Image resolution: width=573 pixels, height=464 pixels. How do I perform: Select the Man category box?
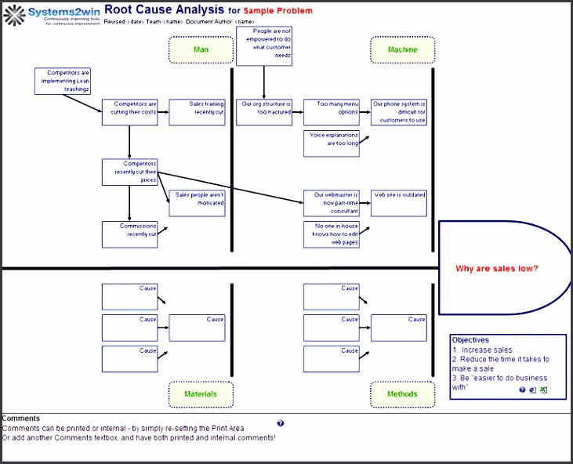coord(201,50)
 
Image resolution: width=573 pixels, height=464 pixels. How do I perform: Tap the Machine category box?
coord(402,50)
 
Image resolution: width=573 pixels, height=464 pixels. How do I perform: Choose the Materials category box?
coord(201,393)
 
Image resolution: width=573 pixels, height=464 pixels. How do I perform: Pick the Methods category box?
coord(402,393)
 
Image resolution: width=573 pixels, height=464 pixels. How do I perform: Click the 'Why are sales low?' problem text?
coord(497,268)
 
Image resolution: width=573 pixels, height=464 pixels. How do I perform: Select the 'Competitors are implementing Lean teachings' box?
coord(63,82)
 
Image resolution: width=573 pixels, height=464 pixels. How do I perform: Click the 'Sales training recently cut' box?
coord(197,112)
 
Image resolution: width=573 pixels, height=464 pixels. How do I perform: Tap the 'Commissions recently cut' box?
coord(129,234)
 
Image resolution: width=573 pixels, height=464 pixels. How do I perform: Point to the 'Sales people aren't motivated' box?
coord(197,203)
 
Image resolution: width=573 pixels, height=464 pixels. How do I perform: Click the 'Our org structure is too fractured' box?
coord(264,112)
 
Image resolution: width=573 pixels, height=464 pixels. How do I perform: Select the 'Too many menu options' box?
coord(332,112)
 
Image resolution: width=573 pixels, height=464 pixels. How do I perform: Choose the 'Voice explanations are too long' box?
coord(332,143)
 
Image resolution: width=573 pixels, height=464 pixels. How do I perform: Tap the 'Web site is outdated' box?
coord(399,203)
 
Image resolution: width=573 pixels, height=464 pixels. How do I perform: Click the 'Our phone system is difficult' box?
coord(399,112)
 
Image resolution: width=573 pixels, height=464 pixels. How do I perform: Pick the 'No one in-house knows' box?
coord(332,234)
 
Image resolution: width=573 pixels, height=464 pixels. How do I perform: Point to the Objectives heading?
coord(470,340)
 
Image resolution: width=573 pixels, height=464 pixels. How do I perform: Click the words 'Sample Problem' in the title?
coord(277,11)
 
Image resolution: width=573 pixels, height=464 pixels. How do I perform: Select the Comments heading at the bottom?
coord(21,419)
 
